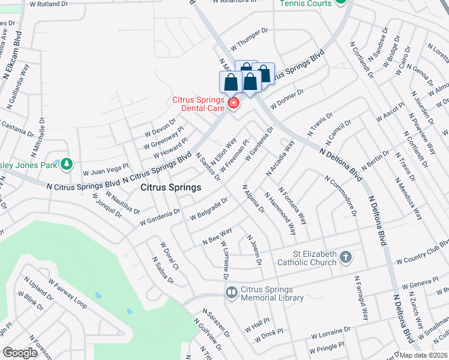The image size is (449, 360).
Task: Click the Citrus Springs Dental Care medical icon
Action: point(233,104)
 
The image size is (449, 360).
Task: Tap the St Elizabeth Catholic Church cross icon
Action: point(345,258)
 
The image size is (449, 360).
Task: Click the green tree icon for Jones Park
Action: point(67,164)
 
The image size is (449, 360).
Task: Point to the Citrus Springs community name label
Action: point(170,188)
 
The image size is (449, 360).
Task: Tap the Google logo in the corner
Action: point(20,353)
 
